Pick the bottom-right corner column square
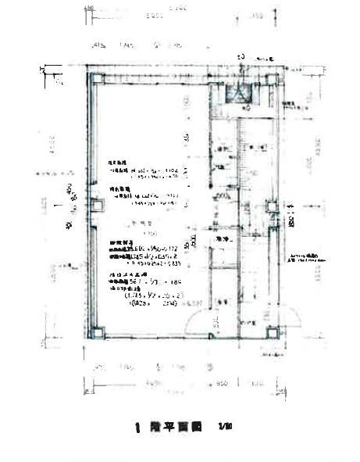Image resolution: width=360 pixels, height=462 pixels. (x=273, y=331)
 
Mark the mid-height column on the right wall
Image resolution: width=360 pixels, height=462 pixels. (x=272, y=207)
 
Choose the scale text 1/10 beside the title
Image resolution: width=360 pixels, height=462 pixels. (x=226, y=428)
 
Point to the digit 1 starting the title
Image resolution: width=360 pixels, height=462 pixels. (x=137, y=428)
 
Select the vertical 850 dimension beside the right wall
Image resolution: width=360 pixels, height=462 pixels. (x=290, y=214)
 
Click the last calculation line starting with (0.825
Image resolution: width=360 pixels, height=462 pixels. (x=141, y=306)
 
